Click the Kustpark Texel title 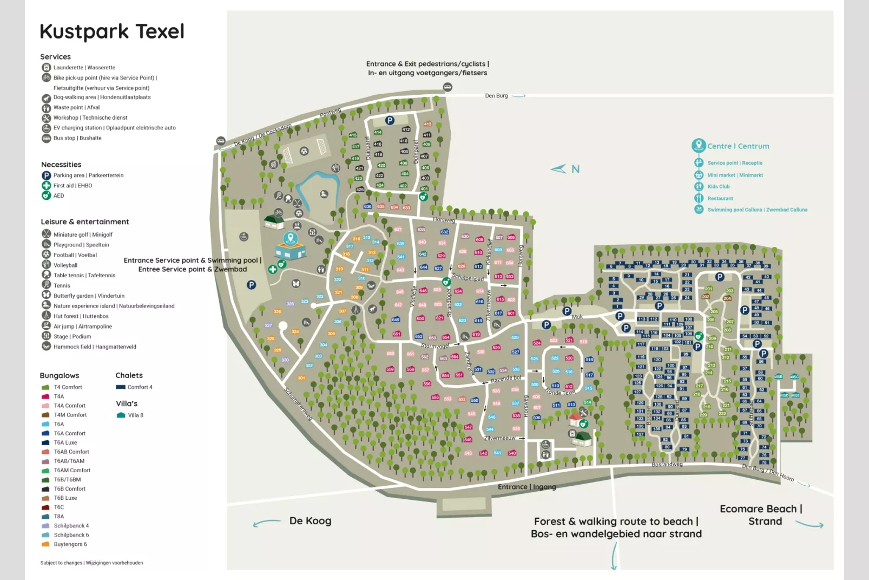(x=112, y=31)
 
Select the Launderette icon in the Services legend (x=47, y=68)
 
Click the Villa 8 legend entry (x=130, y=415)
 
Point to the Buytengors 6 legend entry (x=70, y=544)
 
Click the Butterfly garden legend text (x=89, y=296)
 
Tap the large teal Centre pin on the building (x=291, y=238)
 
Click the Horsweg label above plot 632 (x=444, y=220)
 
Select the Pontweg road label (x=330, y=113)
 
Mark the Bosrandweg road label (x=667, y=465)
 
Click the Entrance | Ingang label (x=526, y=487)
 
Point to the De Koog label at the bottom (x=310, y=521)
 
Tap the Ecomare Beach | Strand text (x=761, y=515)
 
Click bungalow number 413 (x=427, y=124)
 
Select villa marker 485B (x=778, y=376)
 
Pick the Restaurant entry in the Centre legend (x=720, y=199)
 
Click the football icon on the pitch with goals (x=304, y=151)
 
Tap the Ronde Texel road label (x=561, y=392)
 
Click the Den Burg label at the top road (x=496, y=96)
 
